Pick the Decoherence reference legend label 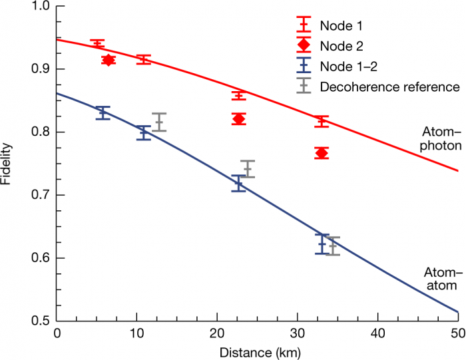[x=389, y=87]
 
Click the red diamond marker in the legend [x=305, y=46]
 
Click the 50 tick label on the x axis [x=458, y=333]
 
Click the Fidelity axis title [x=8, y=164]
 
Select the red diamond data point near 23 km [x=239, y=119]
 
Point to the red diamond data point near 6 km [x=109, y=60]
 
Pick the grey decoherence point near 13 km [x=159, y=122]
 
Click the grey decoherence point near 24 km [x=248, y=169]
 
